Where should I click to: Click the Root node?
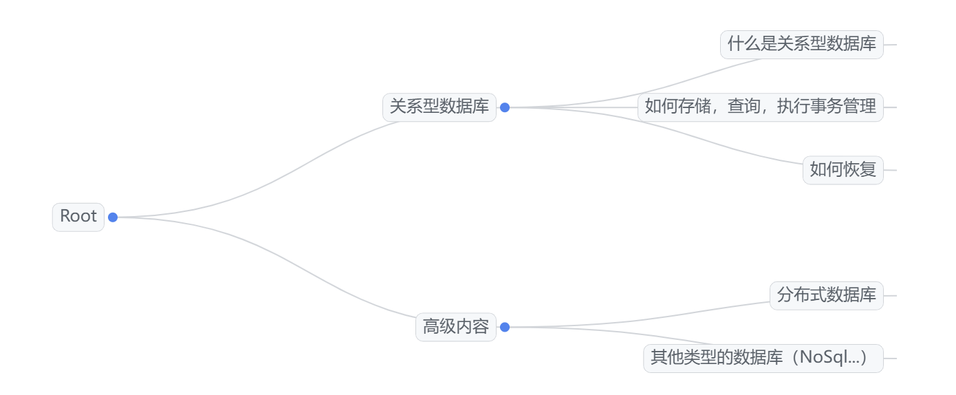coord(78,217)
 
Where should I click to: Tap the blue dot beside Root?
coord(113,217)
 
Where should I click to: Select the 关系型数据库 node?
coord(439,107)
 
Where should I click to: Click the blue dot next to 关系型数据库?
coord(505,107)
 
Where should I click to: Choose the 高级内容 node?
coord(455,327)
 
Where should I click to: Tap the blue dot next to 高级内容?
coord(505,327)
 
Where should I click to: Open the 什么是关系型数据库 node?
coord(801,45)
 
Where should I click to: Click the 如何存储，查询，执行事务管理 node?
coord(760,107)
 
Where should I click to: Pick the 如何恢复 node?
coord(843,170)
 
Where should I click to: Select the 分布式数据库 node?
coord(826,295)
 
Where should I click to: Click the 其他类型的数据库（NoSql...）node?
coord(763,359)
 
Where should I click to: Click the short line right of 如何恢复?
coord(890,170)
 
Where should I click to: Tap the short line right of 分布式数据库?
coord(890,296)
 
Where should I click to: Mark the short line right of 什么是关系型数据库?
coord(890,45)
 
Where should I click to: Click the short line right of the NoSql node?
coord(890,359)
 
